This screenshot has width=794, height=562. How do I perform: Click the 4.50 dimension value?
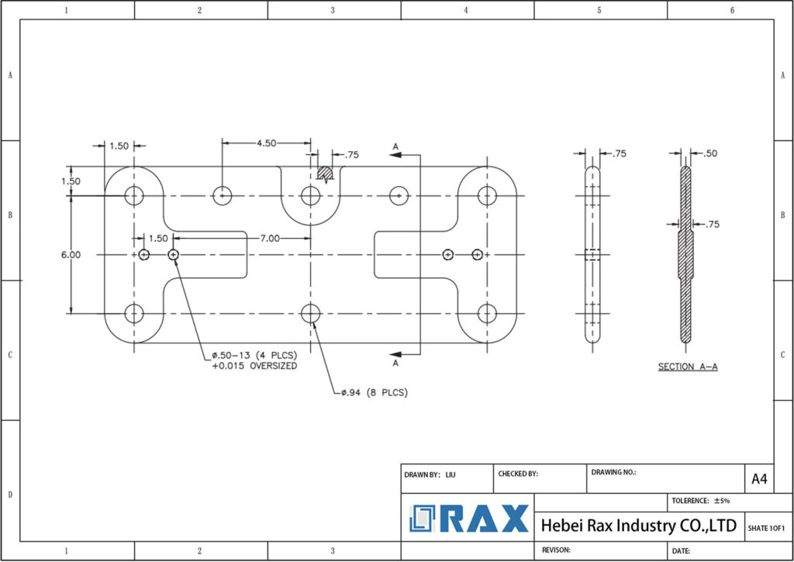click(x=267, y=143)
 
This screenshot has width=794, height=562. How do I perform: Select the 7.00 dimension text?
click(x=270, y=238)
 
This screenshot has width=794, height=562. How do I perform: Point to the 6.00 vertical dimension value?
click(x=72, y=254)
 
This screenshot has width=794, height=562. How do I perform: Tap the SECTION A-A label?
click(x=688, y=367)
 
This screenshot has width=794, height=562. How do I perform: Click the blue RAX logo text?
click(x=485, y=519)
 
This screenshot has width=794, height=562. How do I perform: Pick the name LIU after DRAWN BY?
click(x=451, y=474)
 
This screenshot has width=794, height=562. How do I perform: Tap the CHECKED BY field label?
click(x=518, y=474)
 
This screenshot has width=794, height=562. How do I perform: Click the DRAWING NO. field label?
click(x=613, y=471)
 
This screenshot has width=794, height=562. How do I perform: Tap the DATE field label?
click(x=682, y=551)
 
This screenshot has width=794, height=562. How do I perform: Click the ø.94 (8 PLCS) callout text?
click(x=375, y=393)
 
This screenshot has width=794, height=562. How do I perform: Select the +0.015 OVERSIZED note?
click(x=254, y=366)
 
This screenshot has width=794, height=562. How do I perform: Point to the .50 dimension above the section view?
click(x=708, y=153)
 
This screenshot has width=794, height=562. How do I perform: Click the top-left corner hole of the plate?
click(x=135, y=195)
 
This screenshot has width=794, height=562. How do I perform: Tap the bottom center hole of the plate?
click(x=310, y=313)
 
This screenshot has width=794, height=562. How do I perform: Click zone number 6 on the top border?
click(x=732, y=10)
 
